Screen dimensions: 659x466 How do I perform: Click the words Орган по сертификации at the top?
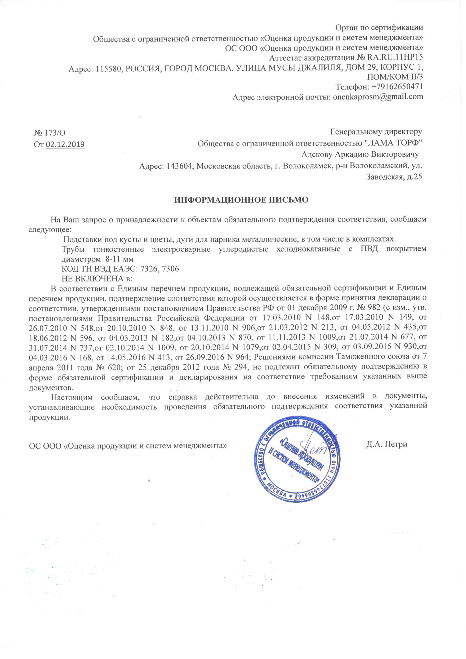(379, 28)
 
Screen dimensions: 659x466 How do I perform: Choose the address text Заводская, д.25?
(394, 177)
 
